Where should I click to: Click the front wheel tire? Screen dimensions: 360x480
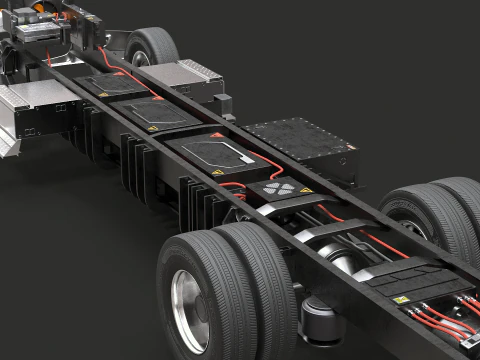tap(152, 44)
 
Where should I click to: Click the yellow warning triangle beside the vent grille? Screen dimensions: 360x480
tap(305, 190)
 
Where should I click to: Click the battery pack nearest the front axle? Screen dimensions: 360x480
tap(111, 84)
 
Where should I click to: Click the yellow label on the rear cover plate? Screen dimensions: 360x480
tap(401, 299)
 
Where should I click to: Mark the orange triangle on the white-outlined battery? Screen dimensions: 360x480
tap(217, 135)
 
